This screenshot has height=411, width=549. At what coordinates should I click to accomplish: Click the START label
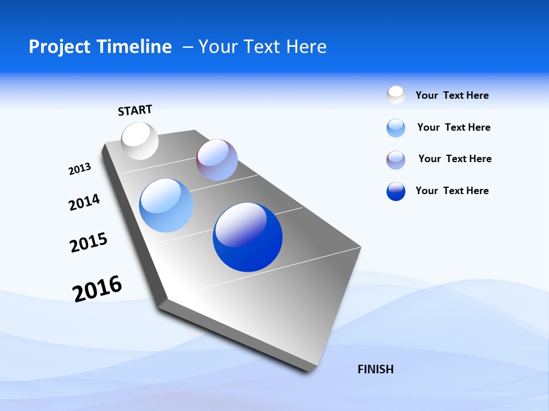(135, 110)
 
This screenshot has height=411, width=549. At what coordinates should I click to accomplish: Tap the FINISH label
(376, 369)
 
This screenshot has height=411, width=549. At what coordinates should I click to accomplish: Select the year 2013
(79, 169)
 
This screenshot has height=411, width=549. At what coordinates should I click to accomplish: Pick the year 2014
(84, 202)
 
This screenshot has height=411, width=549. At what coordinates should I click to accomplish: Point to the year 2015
(89, 243)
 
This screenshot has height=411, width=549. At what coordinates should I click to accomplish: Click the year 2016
(97, 288)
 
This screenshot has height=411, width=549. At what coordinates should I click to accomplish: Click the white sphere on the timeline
(140, 140)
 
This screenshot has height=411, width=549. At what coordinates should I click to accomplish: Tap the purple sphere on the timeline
(217, 160)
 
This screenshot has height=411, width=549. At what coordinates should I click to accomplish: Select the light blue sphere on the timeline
(166, 205)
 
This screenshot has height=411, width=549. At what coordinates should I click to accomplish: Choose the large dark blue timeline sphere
(248, 237)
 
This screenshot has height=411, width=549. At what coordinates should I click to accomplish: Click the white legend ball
(396, 95)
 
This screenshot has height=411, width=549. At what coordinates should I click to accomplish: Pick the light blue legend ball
(396, 128)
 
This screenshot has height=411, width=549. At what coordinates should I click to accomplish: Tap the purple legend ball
(396, 160)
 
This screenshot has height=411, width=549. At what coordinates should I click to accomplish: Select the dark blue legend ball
(396, 191)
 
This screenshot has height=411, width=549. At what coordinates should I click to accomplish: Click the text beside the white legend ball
(452, 96)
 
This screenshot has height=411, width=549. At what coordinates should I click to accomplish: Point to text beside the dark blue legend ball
(452, 191)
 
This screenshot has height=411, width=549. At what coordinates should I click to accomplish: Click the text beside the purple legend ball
(455, 159)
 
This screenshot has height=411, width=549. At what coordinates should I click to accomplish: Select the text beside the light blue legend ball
(453, 127)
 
